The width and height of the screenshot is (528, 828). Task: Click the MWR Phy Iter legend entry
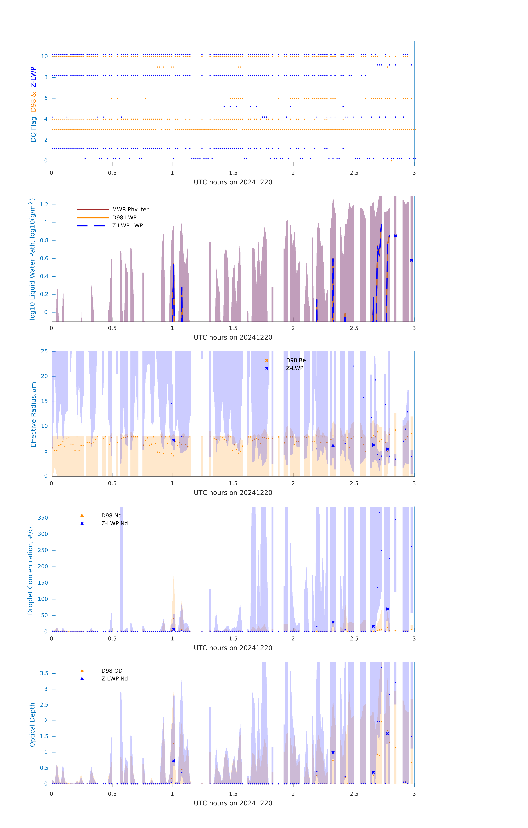click(130, 209)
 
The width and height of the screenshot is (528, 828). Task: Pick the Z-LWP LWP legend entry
click(127, 226)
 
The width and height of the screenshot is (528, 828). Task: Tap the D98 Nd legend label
click(111, 515)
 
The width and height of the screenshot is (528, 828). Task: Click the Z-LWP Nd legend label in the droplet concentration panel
click(115, 523)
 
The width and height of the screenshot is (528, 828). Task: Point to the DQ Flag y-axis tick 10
click(44, 56)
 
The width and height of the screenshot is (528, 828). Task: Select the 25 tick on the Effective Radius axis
click(44, 351)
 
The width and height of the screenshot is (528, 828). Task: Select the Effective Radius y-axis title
click(33, 414)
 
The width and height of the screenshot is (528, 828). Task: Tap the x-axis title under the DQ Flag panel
click(233, 182)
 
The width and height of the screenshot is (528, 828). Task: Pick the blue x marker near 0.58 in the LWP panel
click(411, 260)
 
